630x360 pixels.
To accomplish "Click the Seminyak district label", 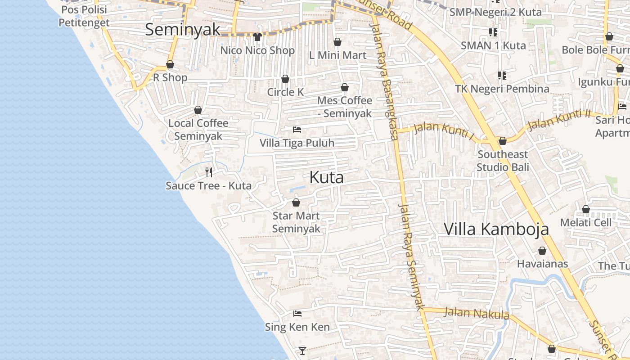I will [x=183, y=30].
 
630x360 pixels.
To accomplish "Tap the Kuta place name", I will [x=327, y=177].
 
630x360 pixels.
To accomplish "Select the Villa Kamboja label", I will [x=496, y=229].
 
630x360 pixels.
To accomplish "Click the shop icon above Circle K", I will [x=285, y=79].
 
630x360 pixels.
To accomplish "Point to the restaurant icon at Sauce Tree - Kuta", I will [x=209, y=172].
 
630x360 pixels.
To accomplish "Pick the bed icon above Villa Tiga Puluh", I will [x=297, y=130].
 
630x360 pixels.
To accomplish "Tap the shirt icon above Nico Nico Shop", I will [x=257, y=36].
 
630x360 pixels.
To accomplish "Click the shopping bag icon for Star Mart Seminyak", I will [x=296, y=202].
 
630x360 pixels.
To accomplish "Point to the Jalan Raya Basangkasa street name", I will [x=383, y=81].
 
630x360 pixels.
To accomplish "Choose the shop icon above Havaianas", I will [x=542, y=251].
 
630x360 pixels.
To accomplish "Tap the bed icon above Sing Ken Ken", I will [x=297, y=313].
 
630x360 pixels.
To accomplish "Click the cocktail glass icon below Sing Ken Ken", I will [x=302, y=350].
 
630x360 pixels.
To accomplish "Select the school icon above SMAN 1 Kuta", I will [x=493, y=32].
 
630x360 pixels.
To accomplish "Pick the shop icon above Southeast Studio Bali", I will [x=503, y=141].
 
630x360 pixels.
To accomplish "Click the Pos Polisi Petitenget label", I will [x=84, y=16].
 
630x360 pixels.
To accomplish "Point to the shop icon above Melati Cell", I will [x=586, y=209].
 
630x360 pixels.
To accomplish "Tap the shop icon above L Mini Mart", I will [x=337, y=42].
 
